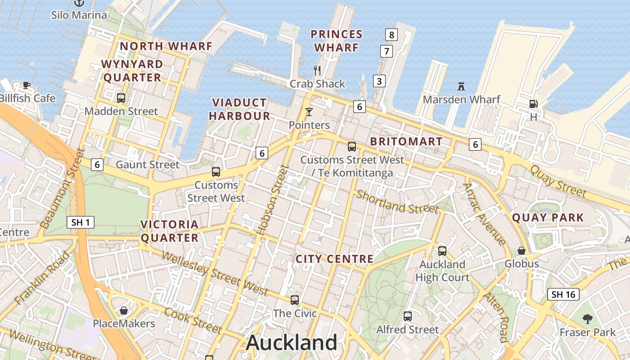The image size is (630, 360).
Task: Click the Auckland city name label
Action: [x=292, y=343]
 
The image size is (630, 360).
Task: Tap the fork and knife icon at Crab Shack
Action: [x=317, y=70]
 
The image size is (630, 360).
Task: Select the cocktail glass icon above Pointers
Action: [x=309, y=112]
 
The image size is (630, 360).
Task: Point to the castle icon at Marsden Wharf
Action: [x=461, y=86]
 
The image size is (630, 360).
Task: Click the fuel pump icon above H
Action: [x=533, y=103]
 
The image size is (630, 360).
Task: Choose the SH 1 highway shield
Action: [x=81, y=222]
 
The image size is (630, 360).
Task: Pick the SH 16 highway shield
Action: [x=563, y=294]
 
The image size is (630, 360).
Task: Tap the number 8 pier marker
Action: [x=391, y=34]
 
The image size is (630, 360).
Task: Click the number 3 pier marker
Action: [x=379, y=81]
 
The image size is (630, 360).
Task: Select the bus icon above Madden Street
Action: [x=121, y=98]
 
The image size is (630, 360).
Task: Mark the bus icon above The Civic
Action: [x=295, y=300]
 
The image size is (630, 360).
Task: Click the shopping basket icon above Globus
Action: [x=522, y=250]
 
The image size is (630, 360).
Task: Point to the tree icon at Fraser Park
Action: [x=587, y=319]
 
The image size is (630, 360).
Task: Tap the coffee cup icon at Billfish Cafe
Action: [x=27, y=85]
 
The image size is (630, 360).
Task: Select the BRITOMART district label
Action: [x=406, y=141]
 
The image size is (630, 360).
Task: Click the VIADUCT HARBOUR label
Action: [x=239, y=109]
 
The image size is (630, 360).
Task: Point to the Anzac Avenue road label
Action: [x=485, y=214]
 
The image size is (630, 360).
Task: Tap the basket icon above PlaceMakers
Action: [x=124, y=310]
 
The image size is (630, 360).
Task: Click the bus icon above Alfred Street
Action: [x=408, y=316]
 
